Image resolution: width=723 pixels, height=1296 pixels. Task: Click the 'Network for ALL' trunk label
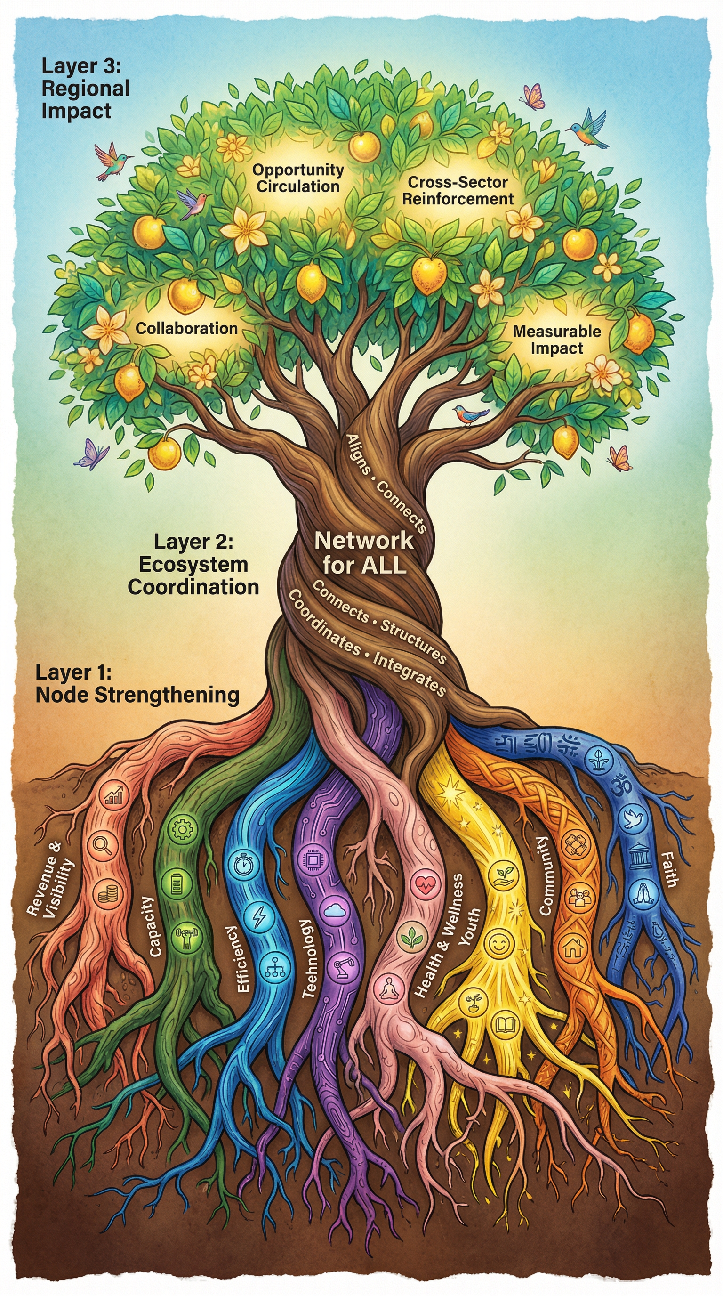(364, 552)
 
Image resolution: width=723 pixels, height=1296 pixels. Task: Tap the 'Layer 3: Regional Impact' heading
(85, 89)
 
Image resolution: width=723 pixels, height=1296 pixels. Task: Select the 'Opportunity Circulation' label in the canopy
(298, 178)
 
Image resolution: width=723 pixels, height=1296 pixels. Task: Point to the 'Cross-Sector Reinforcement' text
(458, 190)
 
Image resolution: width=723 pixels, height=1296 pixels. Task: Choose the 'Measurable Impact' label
(556, 339)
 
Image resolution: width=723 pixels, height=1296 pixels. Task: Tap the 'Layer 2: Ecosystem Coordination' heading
(193, 564)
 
